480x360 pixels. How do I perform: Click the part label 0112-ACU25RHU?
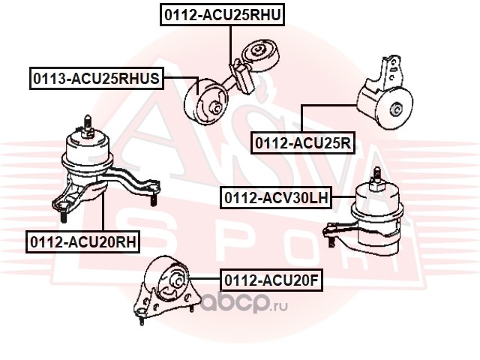click(223, 15)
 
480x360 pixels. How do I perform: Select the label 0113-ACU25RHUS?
click(97, 78)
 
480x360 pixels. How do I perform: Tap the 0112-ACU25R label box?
click(303, 142)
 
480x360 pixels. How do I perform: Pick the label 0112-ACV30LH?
click(276, 198)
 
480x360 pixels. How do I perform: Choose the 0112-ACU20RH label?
click(83, 241)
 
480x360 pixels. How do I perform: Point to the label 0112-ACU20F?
click(271, 280)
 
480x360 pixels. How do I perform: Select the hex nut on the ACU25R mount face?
click(395, 110)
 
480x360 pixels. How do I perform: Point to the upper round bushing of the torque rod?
click(260, 55)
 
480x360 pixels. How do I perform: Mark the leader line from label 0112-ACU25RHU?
click(230, 45)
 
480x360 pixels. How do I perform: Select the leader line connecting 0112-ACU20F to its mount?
click(204, 278)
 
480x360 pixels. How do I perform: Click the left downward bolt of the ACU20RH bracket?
click(63, 217)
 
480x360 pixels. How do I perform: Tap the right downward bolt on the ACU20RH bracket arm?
click(153, 200)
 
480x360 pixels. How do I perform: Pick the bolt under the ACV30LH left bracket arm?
click(331, 241)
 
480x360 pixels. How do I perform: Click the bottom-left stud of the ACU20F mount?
click(142, 320)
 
